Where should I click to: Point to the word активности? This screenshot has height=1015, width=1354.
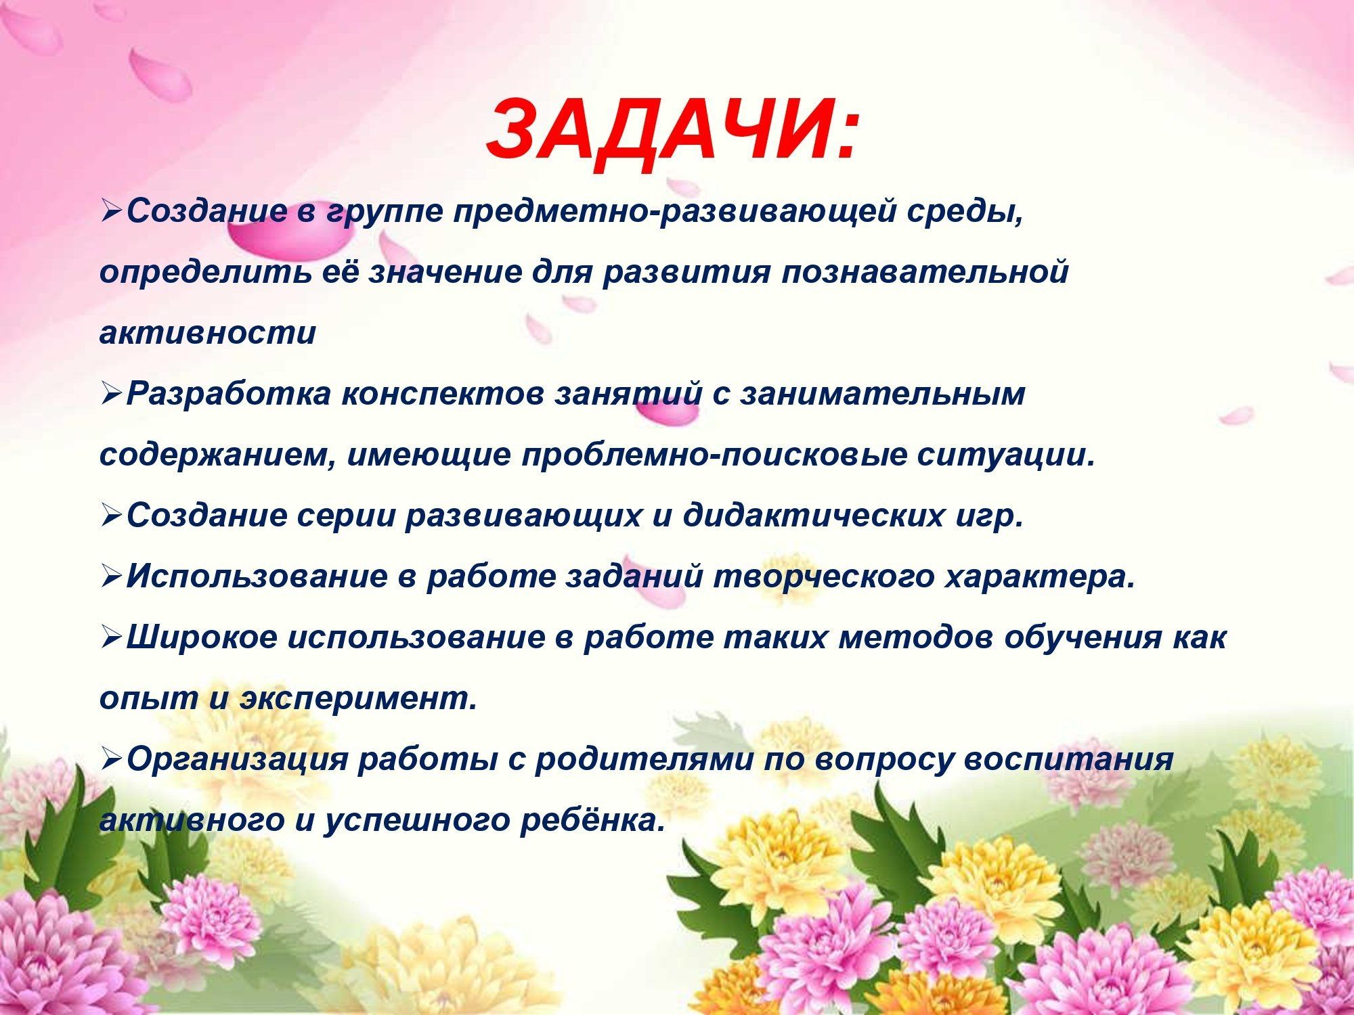(208, 334)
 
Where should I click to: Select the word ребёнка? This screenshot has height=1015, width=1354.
(588, 819)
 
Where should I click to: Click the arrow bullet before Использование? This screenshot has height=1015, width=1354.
(110, 577)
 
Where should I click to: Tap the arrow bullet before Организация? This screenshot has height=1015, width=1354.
(110, 759)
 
